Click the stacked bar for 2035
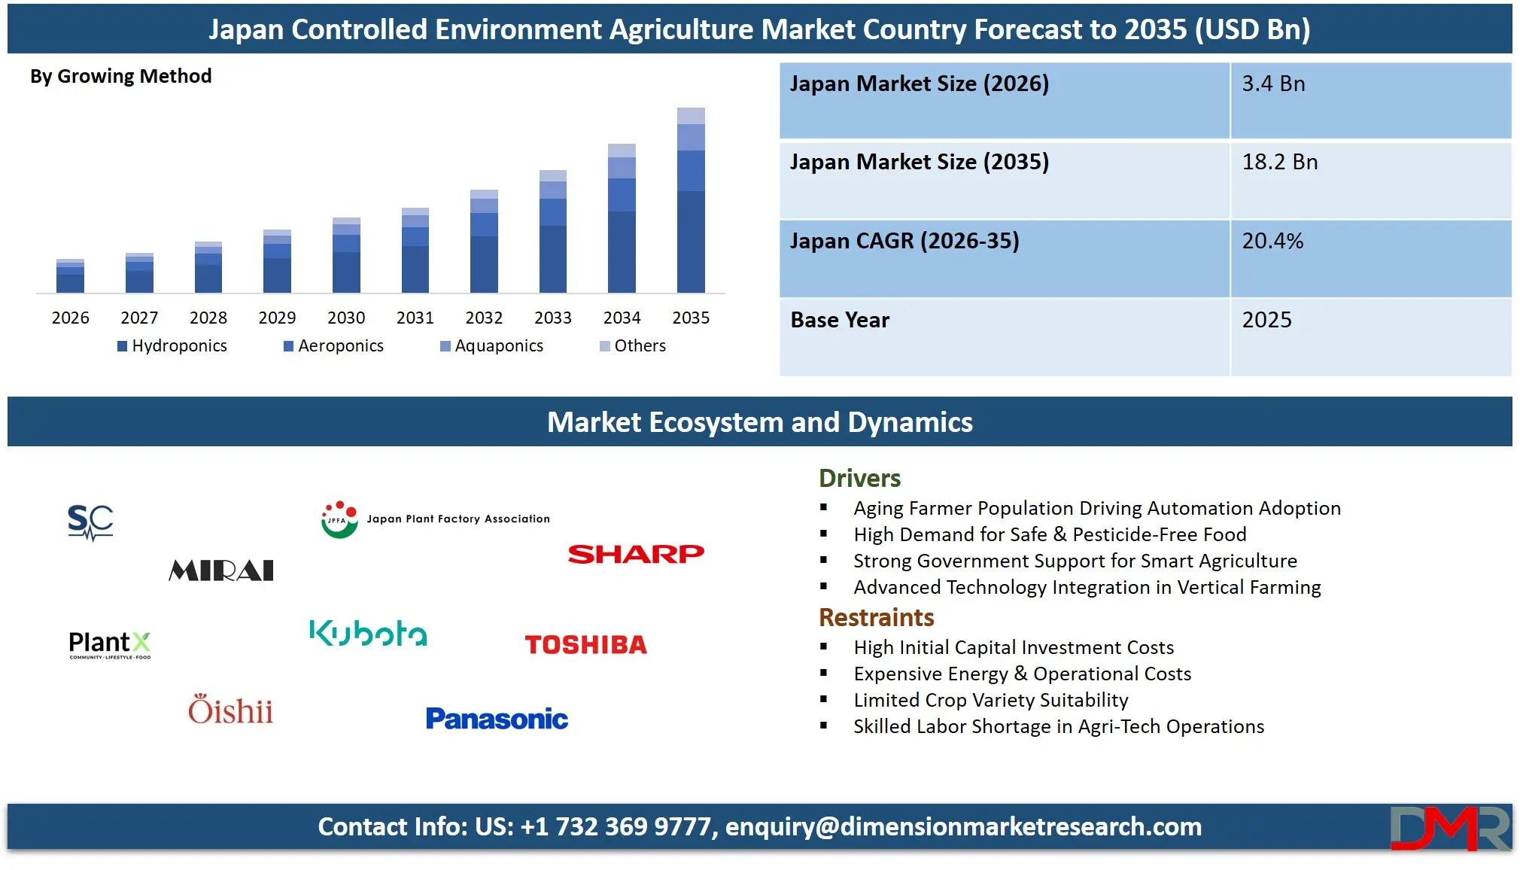point(691,200)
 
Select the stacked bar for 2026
point(70,275)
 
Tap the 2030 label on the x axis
point(346,318)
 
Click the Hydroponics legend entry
point(172,345)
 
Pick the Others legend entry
point(633,345)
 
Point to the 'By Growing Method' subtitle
point(120,76)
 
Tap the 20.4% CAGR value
point(1272,241)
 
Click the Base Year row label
point(840,320)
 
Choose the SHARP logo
point(636,555)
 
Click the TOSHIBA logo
point(585,645)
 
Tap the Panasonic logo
point(497,719)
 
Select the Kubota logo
point(368,634)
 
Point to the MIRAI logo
point(221,570)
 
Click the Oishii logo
point(230,710)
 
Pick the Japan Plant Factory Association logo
point(436,519)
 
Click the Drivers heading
point(859,478)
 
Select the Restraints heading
point(876,617)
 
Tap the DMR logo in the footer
point(1449,828)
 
